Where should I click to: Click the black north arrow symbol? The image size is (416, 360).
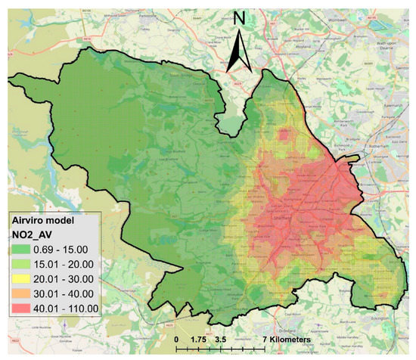[x=239, y=53]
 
